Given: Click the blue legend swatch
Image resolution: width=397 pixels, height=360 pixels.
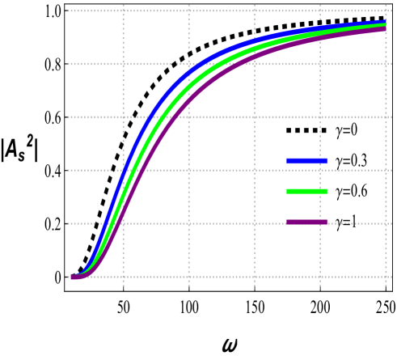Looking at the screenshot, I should click(306, 161).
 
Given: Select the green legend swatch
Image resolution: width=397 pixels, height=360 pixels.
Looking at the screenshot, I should click(306, 192).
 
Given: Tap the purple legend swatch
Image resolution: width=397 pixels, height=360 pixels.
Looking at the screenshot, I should click(306, 222).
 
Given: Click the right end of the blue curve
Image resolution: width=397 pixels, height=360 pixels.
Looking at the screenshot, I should click(385, 22).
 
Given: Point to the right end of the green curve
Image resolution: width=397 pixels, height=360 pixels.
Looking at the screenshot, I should click(385, 26).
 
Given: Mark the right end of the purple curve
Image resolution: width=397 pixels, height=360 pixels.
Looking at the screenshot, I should click(385, 30).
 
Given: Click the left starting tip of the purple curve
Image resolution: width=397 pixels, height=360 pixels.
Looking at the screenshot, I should click(73, 277).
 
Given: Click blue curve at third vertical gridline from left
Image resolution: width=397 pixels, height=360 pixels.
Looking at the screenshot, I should click(254, 40).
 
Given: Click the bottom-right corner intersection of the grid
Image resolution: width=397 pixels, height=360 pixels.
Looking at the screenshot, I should click(385, 277).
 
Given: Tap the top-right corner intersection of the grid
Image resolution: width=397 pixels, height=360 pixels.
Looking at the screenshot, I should click(385, 11).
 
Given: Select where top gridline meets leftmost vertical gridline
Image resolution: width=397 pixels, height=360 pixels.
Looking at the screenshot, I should click(123, 11).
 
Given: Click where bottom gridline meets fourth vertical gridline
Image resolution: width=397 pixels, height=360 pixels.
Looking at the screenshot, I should click(319, 277).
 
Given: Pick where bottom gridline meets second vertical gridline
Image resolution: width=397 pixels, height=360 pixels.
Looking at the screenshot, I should click(188, 277).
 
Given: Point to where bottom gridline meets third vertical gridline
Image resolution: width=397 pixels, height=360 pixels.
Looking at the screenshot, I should click(254, 277).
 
